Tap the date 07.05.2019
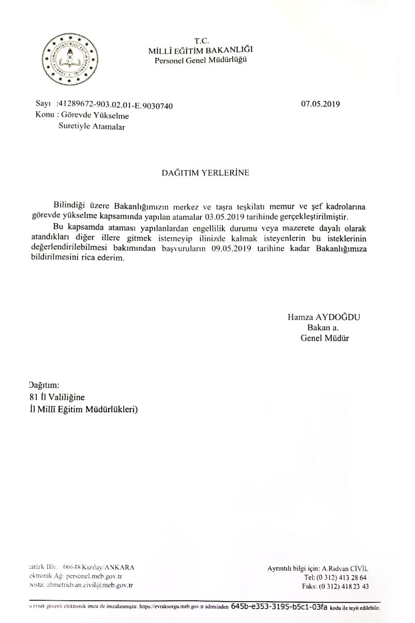(320, 104)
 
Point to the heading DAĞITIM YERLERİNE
(206, 173)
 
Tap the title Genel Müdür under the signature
(317, 338)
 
